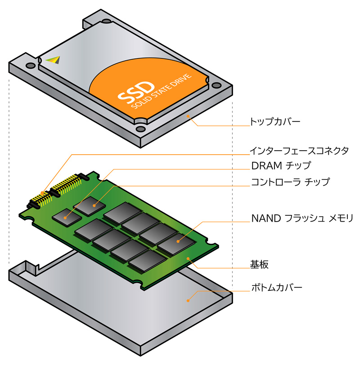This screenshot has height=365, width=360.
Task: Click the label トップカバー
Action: (x=274, y=121)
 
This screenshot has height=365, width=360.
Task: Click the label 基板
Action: (x=259, y=264)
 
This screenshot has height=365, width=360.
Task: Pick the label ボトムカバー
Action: (x=276, y=287)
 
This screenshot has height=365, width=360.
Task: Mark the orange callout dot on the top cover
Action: (x=189, y=116)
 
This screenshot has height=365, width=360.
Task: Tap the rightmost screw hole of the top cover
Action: (x=216, y=85)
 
